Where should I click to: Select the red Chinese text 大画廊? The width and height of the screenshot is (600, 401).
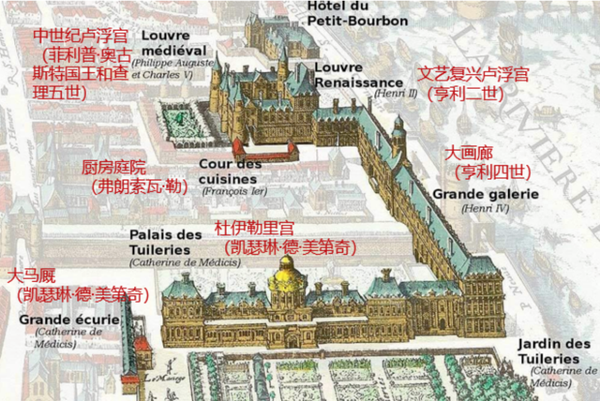coord(467,153)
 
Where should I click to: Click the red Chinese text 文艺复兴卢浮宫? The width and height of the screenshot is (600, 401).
coord(473,73)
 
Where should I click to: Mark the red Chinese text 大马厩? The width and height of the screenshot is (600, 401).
coord(32,276)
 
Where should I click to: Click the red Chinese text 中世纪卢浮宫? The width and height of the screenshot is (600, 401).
coord(79,36)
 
